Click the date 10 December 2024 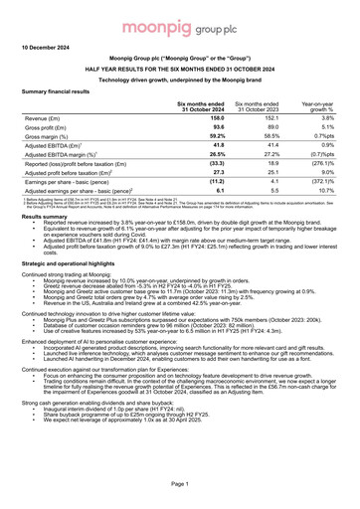[49, 48]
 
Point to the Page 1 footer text [180, 481]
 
